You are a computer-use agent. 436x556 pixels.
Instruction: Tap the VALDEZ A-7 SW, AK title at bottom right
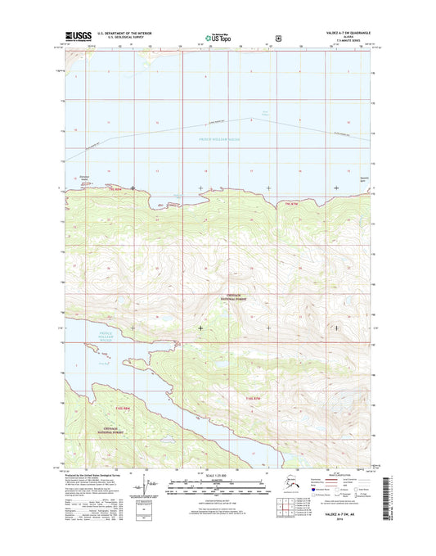[349, 526]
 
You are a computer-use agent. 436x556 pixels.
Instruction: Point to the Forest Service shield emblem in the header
[279, 37]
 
